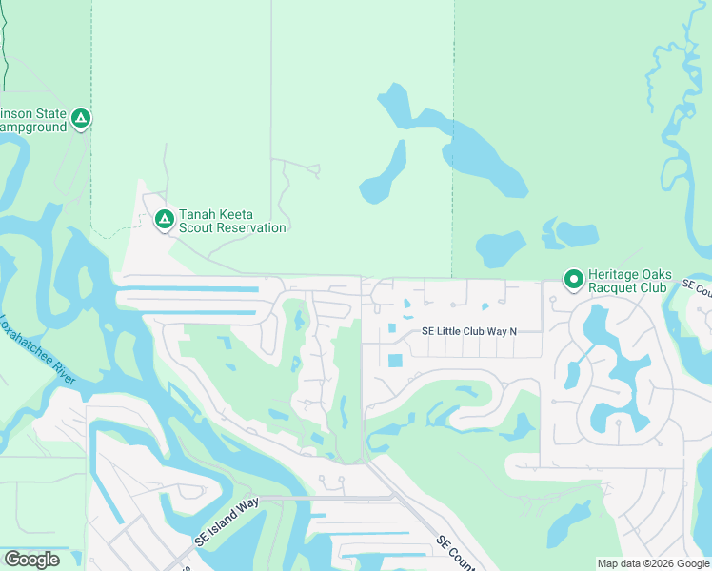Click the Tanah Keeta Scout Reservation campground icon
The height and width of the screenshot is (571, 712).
(164, 219)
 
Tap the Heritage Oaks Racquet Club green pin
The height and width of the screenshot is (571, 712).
(573, 279)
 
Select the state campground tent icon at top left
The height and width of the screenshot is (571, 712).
(82, 118)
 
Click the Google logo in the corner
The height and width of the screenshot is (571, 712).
(31, 559)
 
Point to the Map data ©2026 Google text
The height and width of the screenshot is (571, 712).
(652, 563)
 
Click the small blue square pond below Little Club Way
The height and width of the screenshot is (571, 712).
(396, 361)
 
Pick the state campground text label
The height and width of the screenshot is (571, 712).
(33, 120)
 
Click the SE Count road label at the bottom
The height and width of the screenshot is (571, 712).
(456, 553)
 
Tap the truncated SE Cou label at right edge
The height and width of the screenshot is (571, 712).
(697, 286)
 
